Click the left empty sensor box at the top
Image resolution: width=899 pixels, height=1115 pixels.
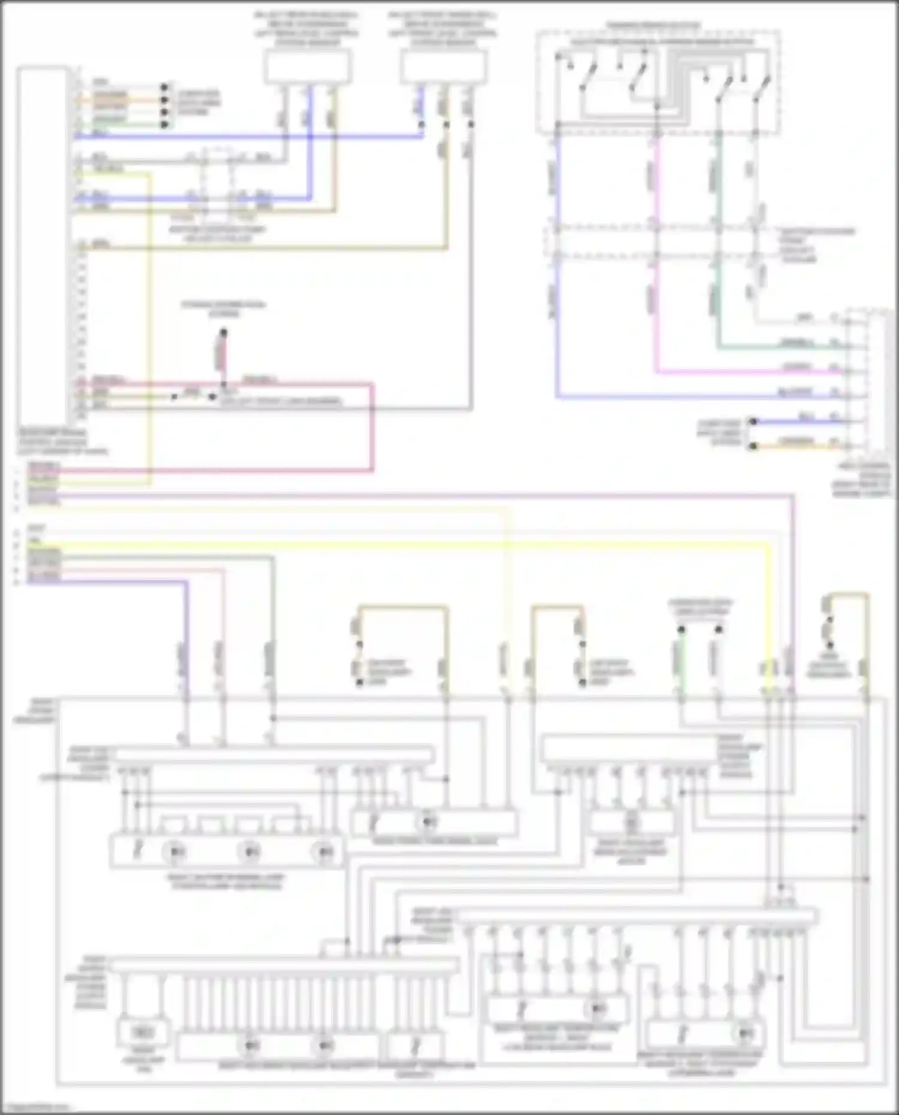pyautogui.click(x=307, y=66)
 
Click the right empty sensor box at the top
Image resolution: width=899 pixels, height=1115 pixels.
pyautogui.click(x=443, y=66)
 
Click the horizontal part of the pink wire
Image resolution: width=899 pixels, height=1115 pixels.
pyautogui.click(x=749, y=372)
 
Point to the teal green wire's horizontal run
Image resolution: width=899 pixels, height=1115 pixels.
pyautogui.click(x=779, y=347)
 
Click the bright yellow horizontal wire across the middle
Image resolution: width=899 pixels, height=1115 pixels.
pyautogui.click(x=420, y=544)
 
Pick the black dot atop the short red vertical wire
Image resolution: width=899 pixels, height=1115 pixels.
pyautogui.click(x=224, y=331)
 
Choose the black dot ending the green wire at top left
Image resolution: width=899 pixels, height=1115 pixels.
pyautogui.click(x=164, y=124)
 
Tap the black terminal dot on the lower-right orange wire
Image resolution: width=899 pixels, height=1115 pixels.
pyautogui.click(x=754, y=446)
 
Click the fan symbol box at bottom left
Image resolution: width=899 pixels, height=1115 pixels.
pyautogui.click(x=143, y=1032)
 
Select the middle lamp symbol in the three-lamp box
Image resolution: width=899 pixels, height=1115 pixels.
pyautogui.click(x=249, y=851)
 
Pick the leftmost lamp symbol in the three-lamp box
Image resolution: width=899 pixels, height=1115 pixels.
pyautogui.click(x=176, y=851)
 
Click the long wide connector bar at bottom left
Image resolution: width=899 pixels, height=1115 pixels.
pyautogui.click(x=285, y=965)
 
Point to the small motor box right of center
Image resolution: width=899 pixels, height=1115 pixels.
pyautogui.click(x=632, y=823)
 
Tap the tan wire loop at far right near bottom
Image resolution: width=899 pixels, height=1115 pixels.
pyautogui.click(x=846, y=596)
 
